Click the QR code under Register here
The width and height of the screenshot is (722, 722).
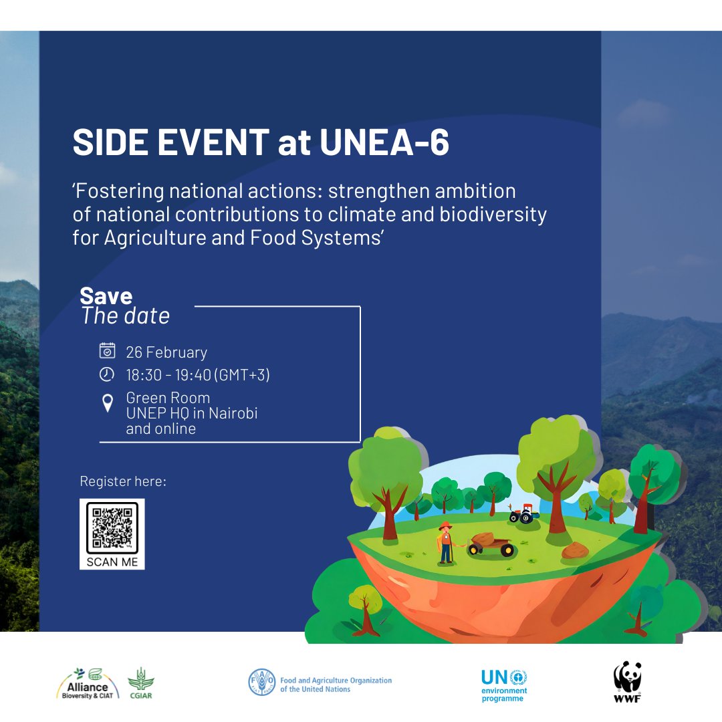(112, 527)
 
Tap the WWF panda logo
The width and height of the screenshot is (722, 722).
(627, 681)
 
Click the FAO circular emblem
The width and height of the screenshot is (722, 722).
(261, 682)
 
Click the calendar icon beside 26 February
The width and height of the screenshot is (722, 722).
(107, 351)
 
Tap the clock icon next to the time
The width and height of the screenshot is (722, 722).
(107, 374)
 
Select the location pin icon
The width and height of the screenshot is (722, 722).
(107, 403)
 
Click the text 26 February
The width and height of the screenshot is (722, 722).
(166, 352)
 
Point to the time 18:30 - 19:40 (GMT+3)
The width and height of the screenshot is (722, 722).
(198, 375)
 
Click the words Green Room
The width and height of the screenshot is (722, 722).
(168, 398)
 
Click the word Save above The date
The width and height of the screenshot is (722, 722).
(106, 296)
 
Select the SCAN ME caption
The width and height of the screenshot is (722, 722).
(112, 562)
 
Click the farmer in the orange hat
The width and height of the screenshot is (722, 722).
(445, 541)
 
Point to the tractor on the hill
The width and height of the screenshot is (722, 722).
(523, 514)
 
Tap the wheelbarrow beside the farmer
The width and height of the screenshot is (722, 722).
(491, 545)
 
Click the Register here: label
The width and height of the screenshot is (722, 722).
(123, 481)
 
